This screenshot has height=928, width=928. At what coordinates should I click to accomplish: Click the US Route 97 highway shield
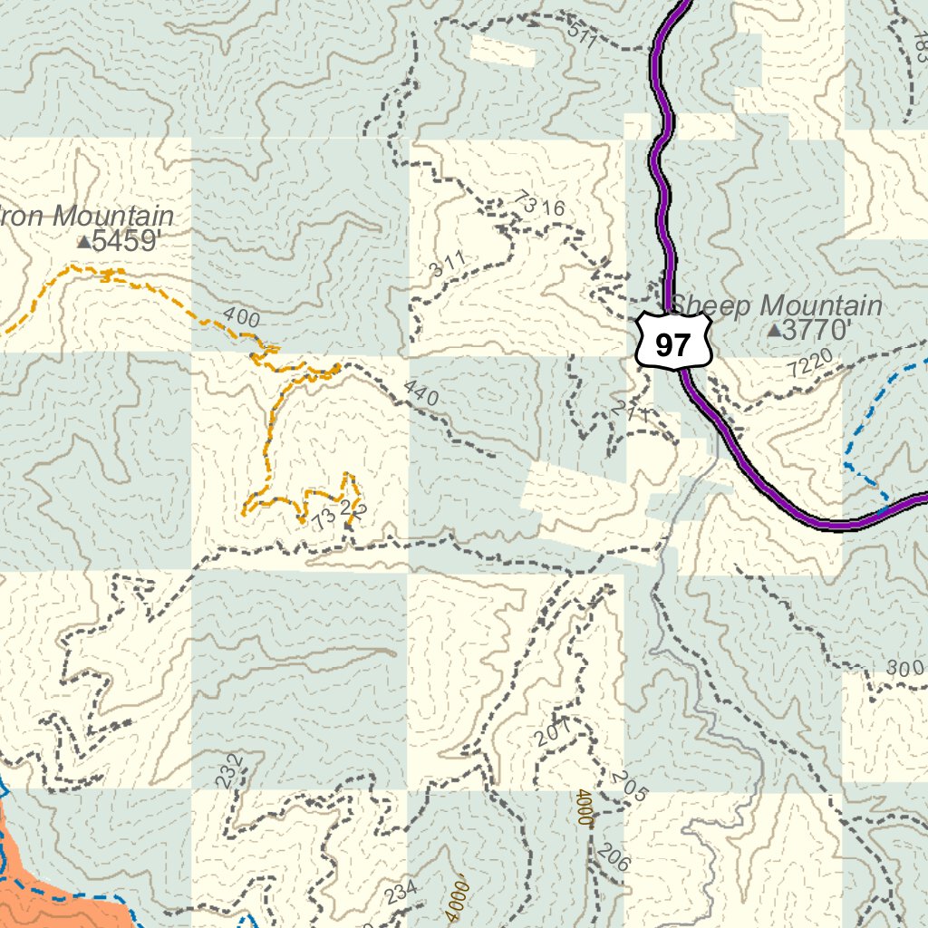(x=672, y=342)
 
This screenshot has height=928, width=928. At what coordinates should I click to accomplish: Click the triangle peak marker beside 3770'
(x=774, y=332)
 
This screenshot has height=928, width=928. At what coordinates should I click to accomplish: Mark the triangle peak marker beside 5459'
(x=84, y=242)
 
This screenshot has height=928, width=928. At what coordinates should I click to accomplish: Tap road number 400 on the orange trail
(x=240, y=318)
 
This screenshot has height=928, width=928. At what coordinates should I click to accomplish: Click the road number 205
(x=631, y=787)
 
